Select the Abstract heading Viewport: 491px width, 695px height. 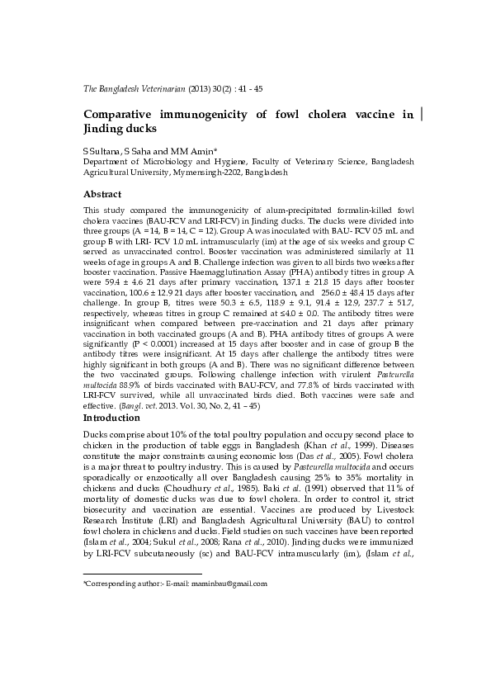pyautogui.click(x=103, y=194)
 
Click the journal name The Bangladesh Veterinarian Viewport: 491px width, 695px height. pyautogui.click(x=135, y=87)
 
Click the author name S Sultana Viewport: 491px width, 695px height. pyautogui.click(x=101, y=151)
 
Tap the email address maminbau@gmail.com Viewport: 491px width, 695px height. pyautogui.click(x=229, y=584)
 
